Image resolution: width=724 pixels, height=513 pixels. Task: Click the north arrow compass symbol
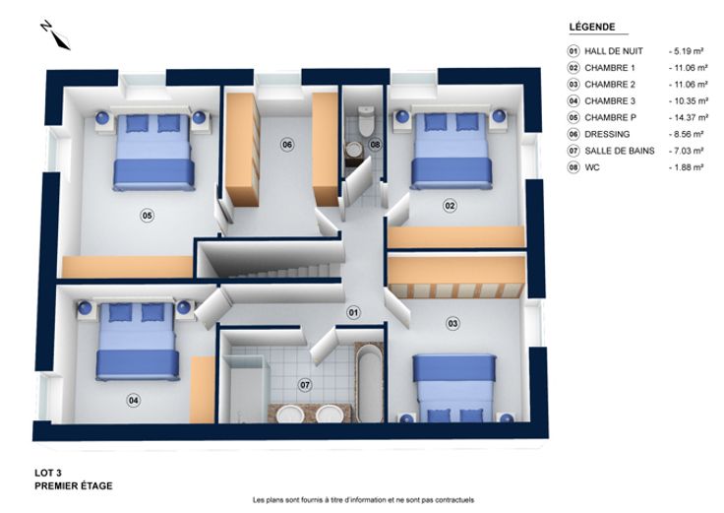55,35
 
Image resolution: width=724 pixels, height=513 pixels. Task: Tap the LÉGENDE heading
592,27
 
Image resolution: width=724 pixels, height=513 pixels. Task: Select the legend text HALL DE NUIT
614,51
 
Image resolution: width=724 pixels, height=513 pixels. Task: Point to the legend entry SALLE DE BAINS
619,151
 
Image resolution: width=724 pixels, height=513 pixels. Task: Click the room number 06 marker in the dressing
287,145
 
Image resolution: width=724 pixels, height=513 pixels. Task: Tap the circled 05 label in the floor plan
148,216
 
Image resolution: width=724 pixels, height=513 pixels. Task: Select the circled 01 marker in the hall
353,313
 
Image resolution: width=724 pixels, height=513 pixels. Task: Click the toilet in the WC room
367,121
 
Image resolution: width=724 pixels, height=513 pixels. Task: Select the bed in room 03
454,388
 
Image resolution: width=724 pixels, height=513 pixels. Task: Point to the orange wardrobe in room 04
203,390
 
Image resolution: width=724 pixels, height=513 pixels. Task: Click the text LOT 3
48,473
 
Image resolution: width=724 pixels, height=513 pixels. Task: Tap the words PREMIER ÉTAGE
74,485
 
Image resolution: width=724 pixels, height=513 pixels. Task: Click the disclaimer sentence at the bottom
363,500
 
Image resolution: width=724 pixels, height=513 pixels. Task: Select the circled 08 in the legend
573,167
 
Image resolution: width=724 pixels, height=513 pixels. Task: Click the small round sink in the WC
354,149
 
